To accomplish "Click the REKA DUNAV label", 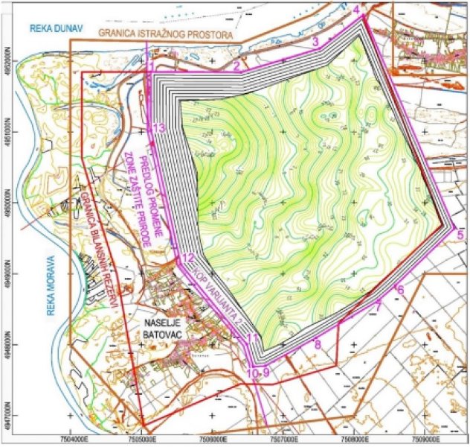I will click(54, 28).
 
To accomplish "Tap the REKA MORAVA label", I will click(52, 284).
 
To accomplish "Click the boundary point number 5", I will click(460, 235).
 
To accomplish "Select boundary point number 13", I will click(158, 127).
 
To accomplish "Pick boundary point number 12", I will click(187, 259).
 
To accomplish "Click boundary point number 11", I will click(253, 339).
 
